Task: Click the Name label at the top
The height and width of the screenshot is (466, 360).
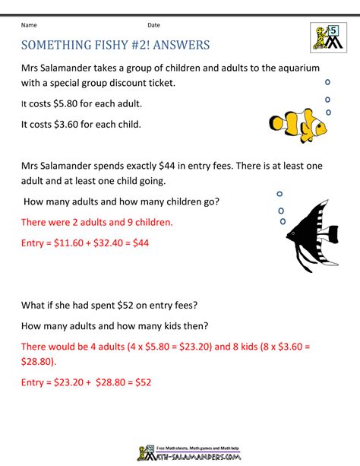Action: point(30,25)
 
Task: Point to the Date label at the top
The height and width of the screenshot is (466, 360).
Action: point(154,25)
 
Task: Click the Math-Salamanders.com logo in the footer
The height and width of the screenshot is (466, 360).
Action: point(180,449)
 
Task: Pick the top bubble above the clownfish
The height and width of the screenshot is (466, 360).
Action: point(327,81)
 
